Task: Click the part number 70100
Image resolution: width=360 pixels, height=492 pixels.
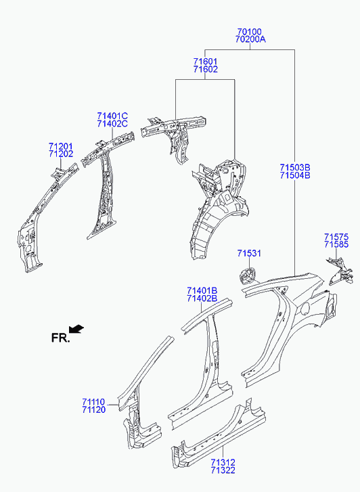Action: [x=249, y=32]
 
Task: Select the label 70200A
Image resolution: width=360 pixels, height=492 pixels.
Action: [x=250, y=39]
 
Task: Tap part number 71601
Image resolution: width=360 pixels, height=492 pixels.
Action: [x=205, y=62]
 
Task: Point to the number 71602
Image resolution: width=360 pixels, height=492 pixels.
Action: [x=205, y=69]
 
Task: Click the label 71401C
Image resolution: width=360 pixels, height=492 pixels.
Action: [x=112, y=116]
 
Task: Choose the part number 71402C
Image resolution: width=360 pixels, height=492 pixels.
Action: [x=112, y=124]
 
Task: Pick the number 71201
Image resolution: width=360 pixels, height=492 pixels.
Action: [x=61, y=146]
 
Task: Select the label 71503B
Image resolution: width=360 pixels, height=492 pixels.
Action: [x=295, y=167]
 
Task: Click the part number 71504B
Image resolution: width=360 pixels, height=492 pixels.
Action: [x=295, y=175]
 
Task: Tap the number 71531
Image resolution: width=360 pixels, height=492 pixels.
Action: [x=249, y=253]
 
